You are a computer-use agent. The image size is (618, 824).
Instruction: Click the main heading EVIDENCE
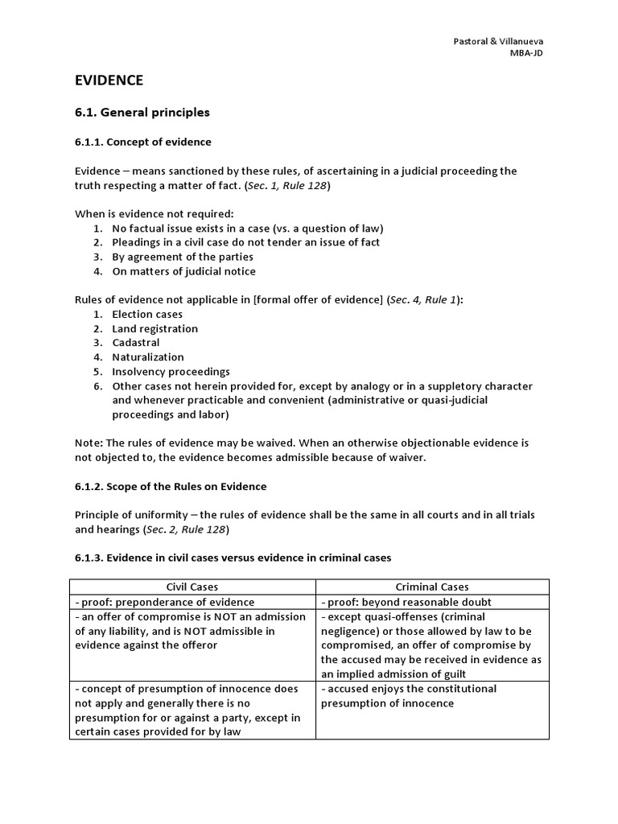pos(109,80)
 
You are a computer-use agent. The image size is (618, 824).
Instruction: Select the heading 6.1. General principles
pos(142,112)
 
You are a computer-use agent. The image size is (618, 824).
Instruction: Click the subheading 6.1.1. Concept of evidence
pos(143,142)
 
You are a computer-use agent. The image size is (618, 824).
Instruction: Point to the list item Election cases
pos(147,314)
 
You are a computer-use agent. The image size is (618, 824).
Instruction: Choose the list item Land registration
pos(154,328)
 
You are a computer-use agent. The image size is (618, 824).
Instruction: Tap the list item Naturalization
pos(148,356)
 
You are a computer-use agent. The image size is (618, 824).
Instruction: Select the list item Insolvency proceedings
pos(171,372)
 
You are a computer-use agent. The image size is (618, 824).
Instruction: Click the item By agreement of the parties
pos(183,257)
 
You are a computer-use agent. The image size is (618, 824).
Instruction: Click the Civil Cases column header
pos(192,587)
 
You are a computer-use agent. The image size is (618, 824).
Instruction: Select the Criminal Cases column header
pos(432,587)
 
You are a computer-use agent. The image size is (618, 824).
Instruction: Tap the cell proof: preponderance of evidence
pos(164,602)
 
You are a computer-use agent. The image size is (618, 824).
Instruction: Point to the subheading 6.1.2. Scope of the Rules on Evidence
pos(171,487)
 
